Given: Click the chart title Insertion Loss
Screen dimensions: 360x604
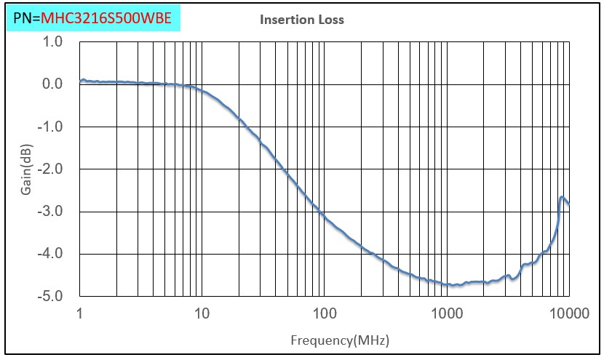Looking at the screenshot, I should [x=302, y=20].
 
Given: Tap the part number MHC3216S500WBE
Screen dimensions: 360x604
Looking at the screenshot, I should [x=106, y=19].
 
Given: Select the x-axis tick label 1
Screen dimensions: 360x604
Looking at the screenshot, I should [x=79, y=313].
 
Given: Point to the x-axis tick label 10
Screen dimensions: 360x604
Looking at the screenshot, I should [x=202, y=313].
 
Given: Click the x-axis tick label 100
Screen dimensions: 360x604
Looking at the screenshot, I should [x=324, y=313].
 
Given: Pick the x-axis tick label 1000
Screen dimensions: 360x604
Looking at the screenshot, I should [x=446, y=313].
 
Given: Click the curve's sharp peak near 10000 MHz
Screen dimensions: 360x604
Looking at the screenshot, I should [x=562, y=197].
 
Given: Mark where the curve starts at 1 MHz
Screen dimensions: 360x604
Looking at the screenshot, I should [x=81, y=80].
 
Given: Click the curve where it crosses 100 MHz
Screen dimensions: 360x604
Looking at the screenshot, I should [x=325, y=215].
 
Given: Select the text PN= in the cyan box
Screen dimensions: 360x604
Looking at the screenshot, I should [x=27, y=19].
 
